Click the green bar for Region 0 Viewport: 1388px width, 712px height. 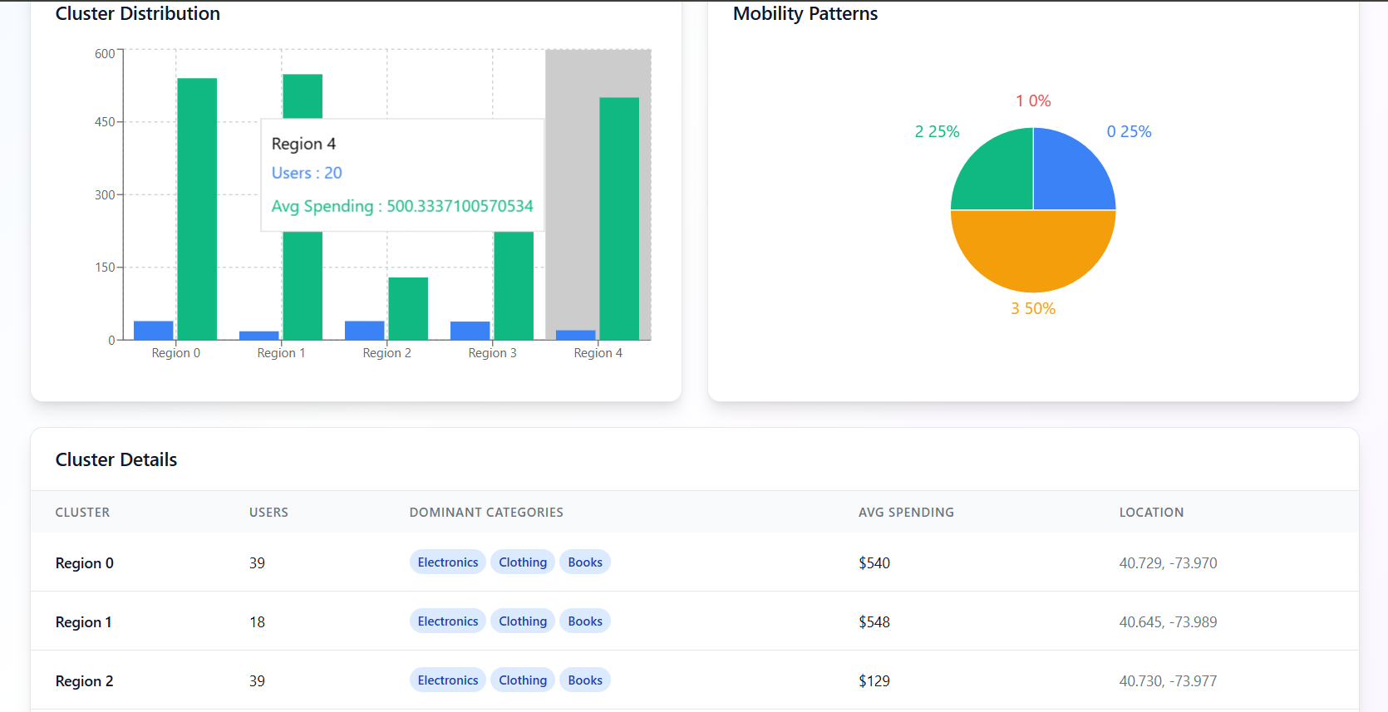(197, 209)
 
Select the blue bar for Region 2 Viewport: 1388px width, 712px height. (365, 331)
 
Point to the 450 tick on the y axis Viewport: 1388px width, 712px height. (105, 122)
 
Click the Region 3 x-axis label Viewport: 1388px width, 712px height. (492, 353)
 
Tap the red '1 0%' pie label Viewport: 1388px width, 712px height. (1033, 101)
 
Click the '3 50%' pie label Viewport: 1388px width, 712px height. (1033, 308)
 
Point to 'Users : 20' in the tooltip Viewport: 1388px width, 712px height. (307, 173)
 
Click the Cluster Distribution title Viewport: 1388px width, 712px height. (138, 13)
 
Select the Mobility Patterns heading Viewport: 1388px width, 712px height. (805, 13)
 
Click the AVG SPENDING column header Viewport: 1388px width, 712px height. (906, 513)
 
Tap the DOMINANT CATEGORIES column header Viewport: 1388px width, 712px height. (486, 513)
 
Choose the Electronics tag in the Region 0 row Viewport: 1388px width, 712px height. (448, 562)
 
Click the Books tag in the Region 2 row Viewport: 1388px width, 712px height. (585, 680)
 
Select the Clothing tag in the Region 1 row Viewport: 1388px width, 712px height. (523, 621)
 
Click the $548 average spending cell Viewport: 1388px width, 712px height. (874, 622)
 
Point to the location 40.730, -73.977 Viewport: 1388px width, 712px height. (1168, 681)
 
